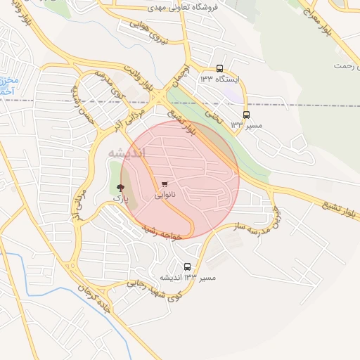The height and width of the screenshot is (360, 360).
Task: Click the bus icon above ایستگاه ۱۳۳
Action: (x=220, y=69)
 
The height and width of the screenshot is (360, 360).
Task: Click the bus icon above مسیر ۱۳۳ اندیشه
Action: (x=187, y=266)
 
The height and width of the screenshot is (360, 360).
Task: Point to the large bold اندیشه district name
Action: (x=127, y=153)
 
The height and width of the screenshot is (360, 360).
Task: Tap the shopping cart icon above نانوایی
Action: (x=165, y=184)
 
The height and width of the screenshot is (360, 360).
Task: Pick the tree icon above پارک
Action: (x=120, y=187)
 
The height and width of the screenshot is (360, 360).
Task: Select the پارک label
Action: (x=120, y=198)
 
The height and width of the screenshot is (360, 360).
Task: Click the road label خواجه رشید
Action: (x=162, y=233)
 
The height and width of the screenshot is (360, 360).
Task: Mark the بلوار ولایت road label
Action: (x=140, y=77)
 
